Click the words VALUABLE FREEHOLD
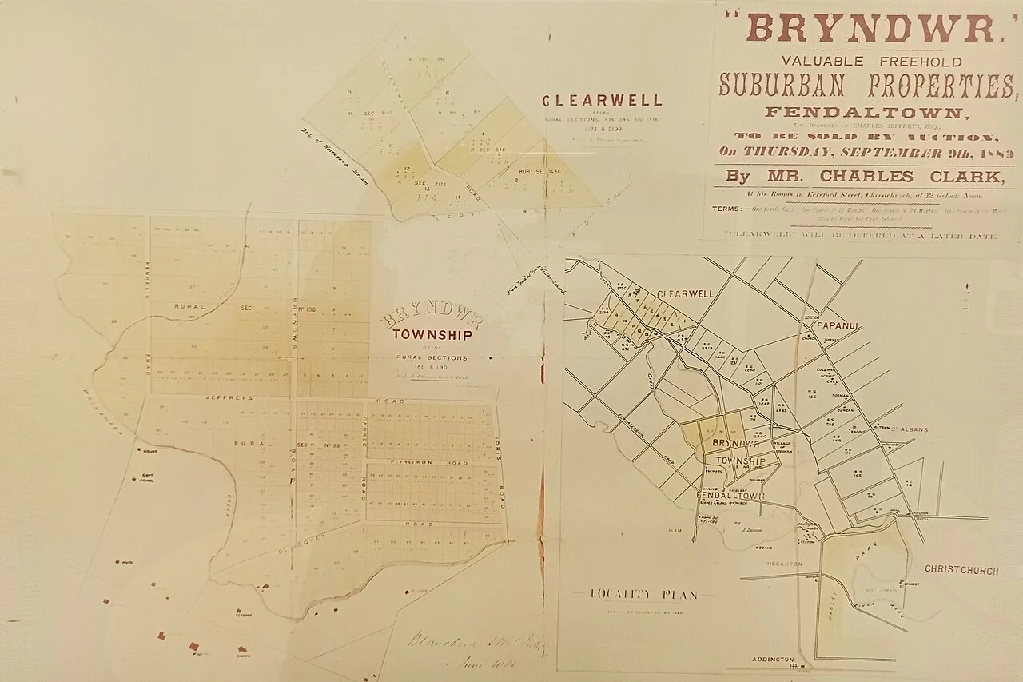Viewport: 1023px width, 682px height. pyautogui.click(x=861, y=61)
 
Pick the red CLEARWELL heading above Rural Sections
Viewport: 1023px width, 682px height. pyautogui.click(x=602, y=101)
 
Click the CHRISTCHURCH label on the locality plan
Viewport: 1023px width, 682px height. pyautogui.click(x=961, y=571)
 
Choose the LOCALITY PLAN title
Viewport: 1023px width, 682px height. pyautogui.click(x=643, y=594)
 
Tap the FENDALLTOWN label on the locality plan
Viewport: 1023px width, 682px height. pyautogui.click(x=730, y=497)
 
